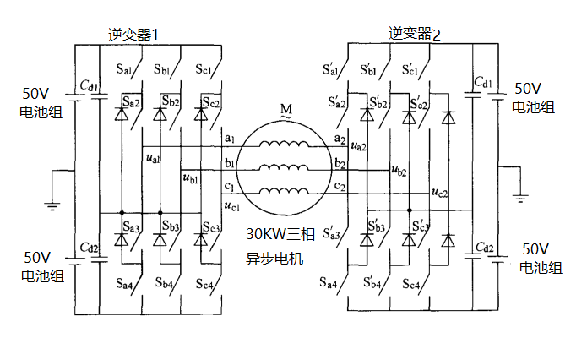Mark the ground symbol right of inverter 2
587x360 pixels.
[521, 197]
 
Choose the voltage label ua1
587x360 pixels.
[153, 159]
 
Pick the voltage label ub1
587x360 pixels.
[190, 177]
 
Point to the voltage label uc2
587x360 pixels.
[439, 194]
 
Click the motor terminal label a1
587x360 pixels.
[230, 137]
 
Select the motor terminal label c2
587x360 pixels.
[340, 185]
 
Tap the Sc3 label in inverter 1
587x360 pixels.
[211, 228]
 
